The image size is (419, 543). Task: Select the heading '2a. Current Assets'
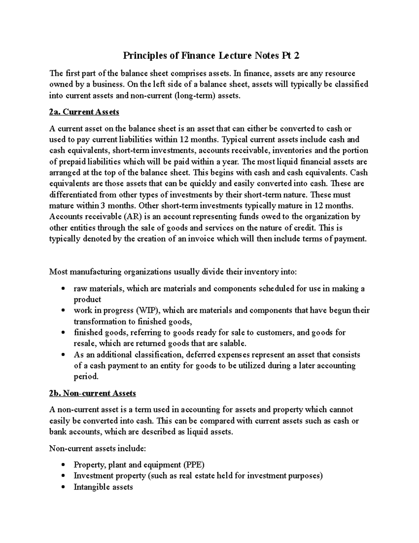click(84, 112)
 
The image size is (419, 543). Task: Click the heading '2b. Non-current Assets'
click(92, 393)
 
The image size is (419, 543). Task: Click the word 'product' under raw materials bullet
click(87, 300)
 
